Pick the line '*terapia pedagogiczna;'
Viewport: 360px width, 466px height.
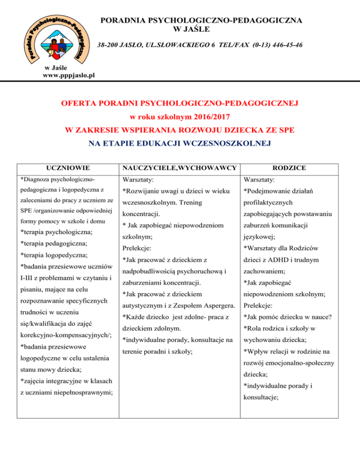pyautogui.click(x=53, y=243)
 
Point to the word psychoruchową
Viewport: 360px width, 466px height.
pyautogui.click(x=195, y=271)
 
